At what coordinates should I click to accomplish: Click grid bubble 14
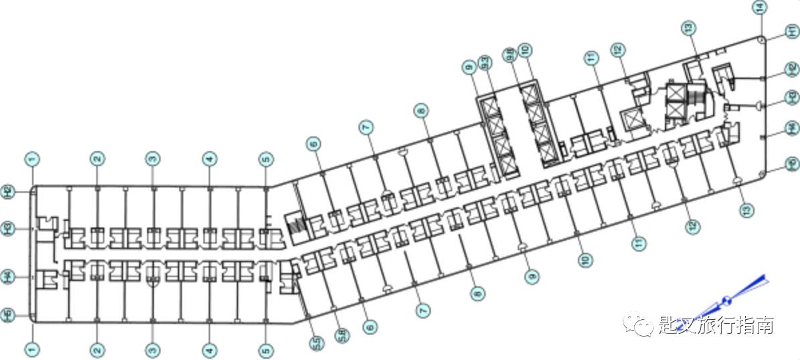click(759, 8)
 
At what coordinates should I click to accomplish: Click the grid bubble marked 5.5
click(315, 343)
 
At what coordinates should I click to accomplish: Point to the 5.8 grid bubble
click(342, 334)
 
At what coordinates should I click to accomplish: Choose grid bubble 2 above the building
click(98, 159)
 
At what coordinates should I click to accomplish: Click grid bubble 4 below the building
click(210, 349)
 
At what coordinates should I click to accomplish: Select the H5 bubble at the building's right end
click(791, 163)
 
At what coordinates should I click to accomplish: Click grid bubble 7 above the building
click(365, 126)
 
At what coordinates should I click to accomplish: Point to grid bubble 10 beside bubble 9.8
click(525, 50)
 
